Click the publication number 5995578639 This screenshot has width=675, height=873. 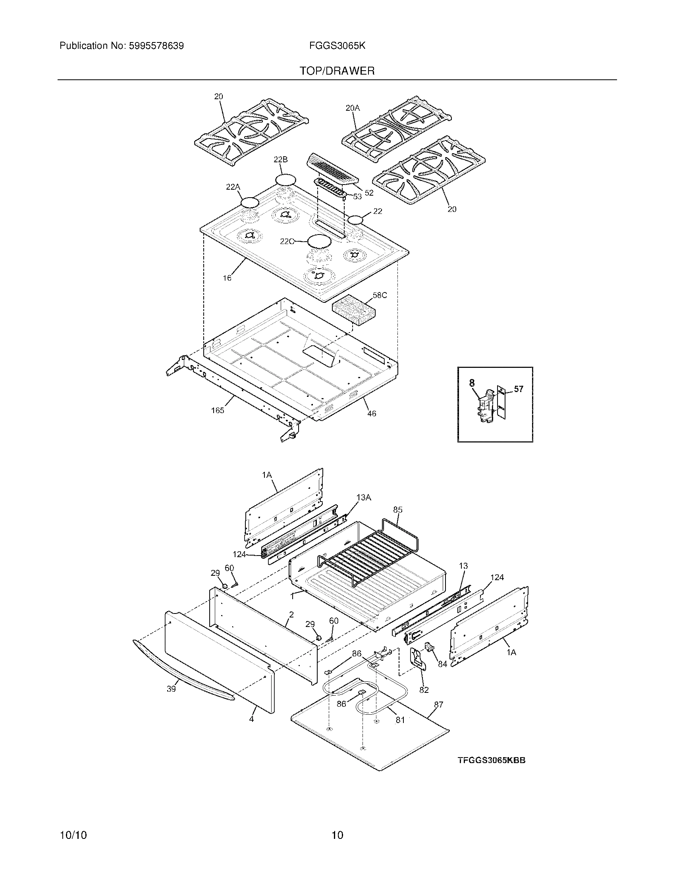[156, 46]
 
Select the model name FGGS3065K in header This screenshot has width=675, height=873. [337, 46]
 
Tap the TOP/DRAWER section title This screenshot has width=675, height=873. [337, 71]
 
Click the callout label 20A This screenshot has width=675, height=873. [353, 108]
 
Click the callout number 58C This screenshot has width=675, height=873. [380, 295]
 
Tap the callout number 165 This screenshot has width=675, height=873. [218, 410]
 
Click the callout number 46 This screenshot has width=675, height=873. [372, 414]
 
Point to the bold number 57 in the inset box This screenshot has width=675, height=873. [518, 389]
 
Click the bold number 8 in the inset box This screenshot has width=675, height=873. [472, 383]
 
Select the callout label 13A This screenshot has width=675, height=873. [364, 497]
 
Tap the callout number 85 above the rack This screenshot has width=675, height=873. [397, 510]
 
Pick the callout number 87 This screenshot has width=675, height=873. [438, 704]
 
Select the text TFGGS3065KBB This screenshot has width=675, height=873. [492, 760]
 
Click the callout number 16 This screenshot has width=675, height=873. [227, 278]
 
